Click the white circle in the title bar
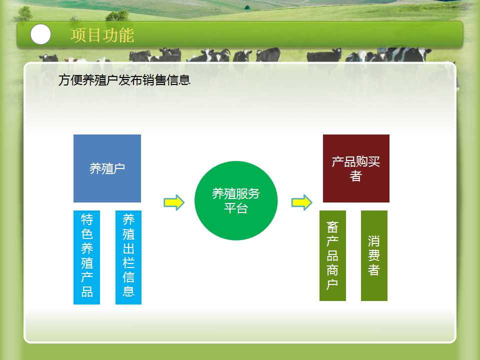[x=40, y=34]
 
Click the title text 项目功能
[x=102, y=35]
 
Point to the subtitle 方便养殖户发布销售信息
[x=124, y=80]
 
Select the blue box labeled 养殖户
[x=107, y=168]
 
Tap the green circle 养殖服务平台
[x=236, y=200]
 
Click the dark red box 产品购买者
[x=356, y=168]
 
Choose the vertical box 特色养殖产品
[x=86, y=257]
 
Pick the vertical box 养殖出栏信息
[x=128, y=257]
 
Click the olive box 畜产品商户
[x=333, y=255]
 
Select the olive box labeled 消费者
[x=374, y=255]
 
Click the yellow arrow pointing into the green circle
[x=174, y=202]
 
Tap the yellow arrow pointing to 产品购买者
[x=301, y=202]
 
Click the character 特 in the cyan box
[x=87, y=219]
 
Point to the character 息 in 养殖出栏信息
[x=128, y=291]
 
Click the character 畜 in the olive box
[x=332, y=227]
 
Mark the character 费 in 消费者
[x=374, y=255]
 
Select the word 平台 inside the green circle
[x=235, y=208]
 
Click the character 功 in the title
[x=110, y=35]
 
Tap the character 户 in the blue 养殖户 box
[x=119, y=168]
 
